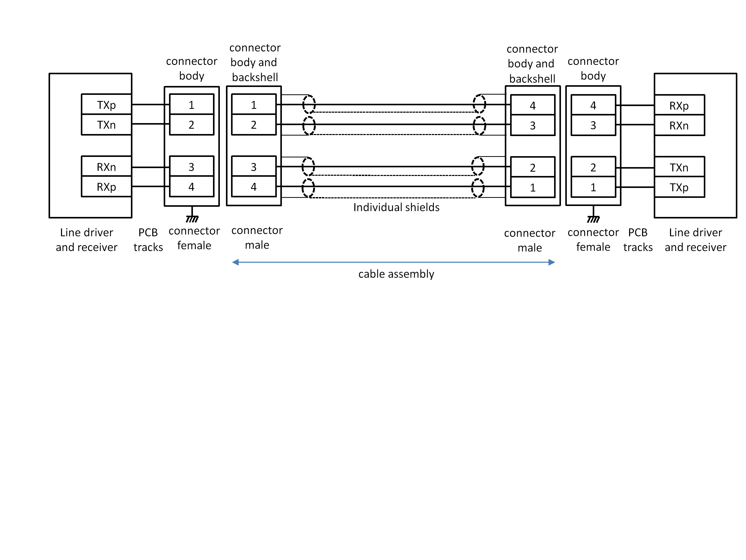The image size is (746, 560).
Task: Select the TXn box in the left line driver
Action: [x=106, y=125]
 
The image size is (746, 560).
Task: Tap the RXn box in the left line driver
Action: [x=106, y=167]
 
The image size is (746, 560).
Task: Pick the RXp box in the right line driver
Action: [x=679, y=106]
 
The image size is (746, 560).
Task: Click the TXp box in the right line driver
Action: [x=679, y=187]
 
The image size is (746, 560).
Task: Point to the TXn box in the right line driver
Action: [x=679, y=167]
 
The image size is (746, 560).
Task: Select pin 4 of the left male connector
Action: [x=254, y=187]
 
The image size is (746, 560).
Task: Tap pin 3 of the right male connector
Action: [x=532, y=125]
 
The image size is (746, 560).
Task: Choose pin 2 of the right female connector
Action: [x=593, y=167]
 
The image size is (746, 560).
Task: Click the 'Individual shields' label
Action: [x=396, y=207]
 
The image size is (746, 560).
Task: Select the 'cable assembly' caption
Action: [x=396, y=274]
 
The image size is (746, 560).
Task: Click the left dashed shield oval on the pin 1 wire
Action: [x=309, y=104]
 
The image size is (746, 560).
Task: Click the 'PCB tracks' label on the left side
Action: [x=148, y=240]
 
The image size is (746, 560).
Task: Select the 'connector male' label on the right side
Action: [x=529, y=240]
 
